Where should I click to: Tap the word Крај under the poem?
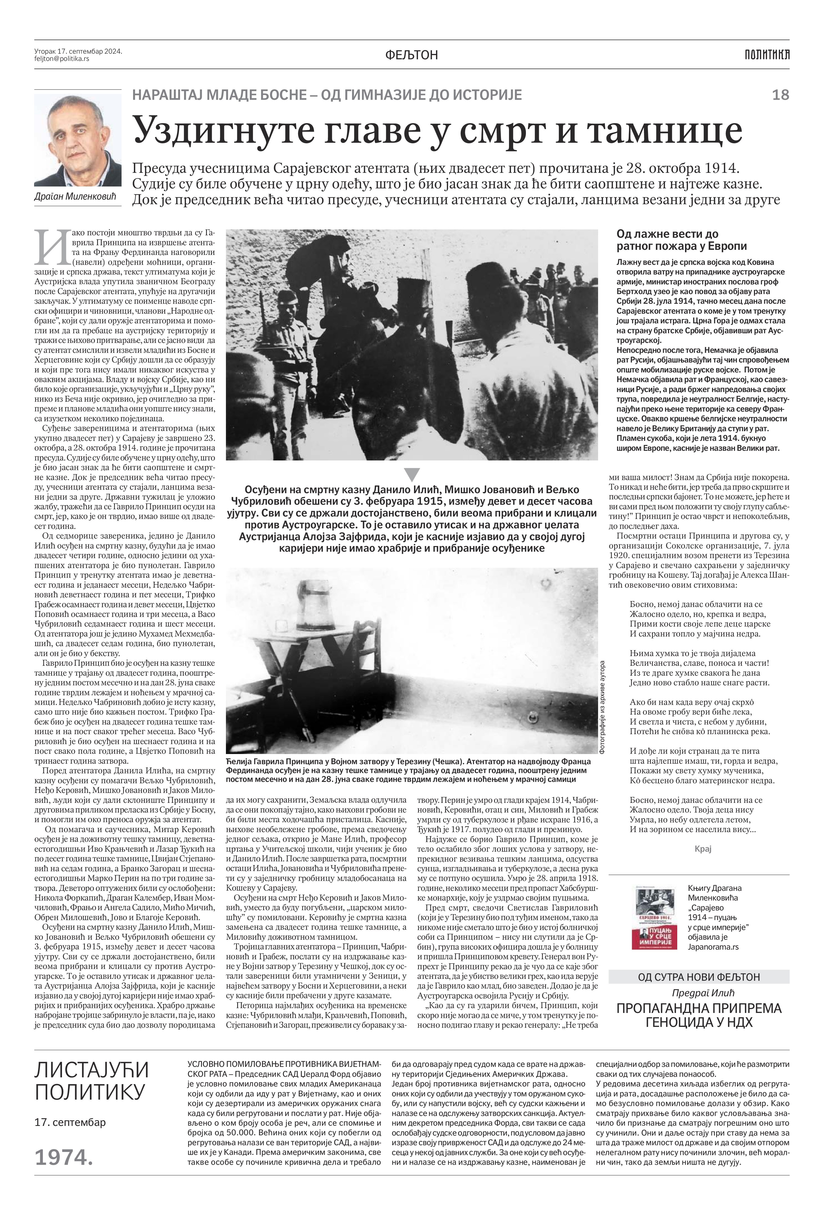[x=703, y=848]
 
